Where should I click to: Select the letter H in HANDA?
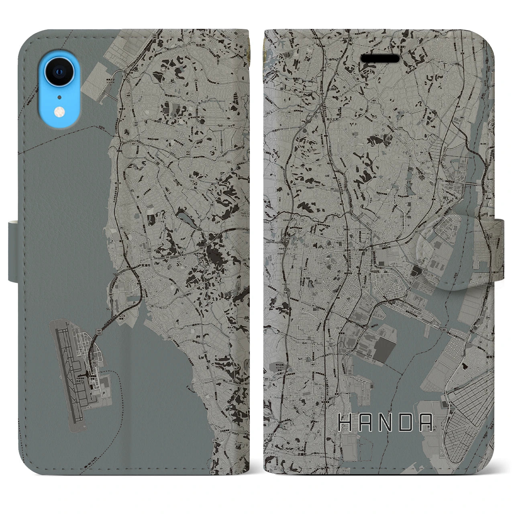[345, 422]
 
